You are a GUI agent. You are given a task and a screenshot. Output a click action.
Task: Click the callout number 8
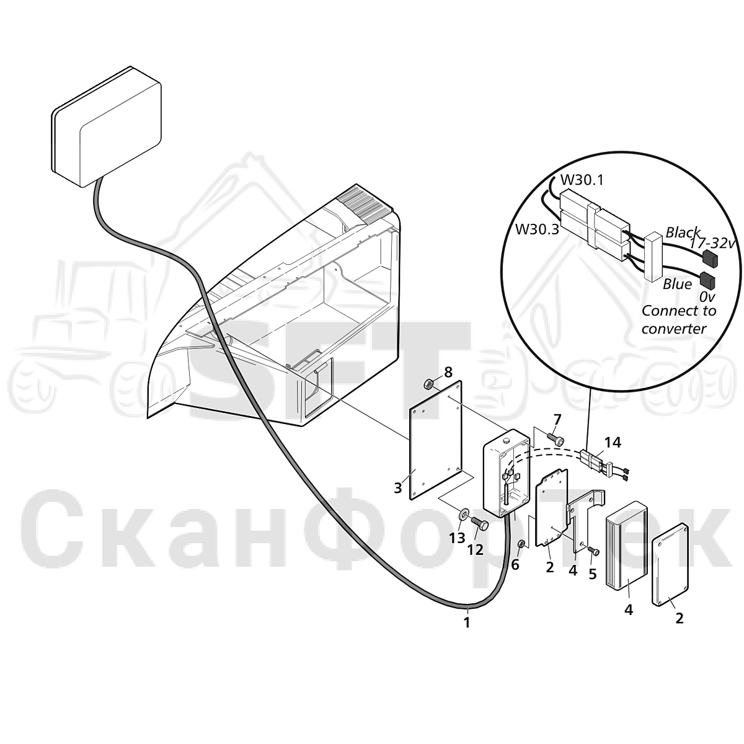pos(448,373)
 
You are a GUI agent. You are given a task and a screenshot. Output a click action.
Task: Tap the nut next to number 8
pos(428,384)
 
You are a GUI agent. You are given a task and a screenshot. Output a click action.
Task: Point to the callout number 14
pos(613,443)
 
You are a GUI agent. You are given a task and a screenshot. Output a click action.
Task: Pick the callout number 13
pos(457,538)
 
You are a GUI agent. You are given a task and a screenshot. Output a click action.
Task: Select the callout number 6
pos(515,565)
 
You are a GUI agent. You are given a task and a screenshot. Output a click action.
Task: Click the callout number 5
pos(593,574)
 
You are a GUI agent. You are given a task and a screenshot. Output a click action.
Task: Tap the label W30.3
pos(538,229)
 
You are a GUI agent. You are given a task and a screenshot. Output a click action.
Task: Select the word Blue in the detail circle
pos(678,284)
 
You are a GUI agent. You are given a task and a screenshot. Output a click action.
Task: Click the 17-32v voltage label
pos(712,243)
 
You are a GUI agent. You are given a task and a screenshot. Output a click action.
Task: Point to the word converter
pos(674,329)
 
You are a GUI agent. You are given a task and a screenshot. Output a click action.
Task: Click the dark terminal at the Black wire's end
pos(710,258)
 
